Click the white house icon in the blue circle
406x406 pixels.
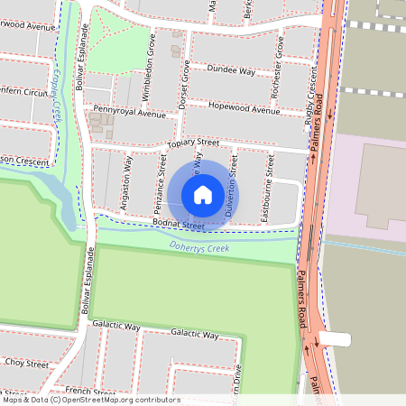[203, 194]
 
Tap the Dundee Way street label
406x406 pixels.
[230, 69]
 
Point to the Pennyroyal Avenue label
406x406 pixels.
[130, 114]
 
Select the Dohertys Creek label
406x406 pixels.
[199, 246]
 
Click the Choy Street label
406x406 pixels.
[26, 363]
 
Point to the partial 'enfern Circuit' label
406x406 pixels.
[24, 92]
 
